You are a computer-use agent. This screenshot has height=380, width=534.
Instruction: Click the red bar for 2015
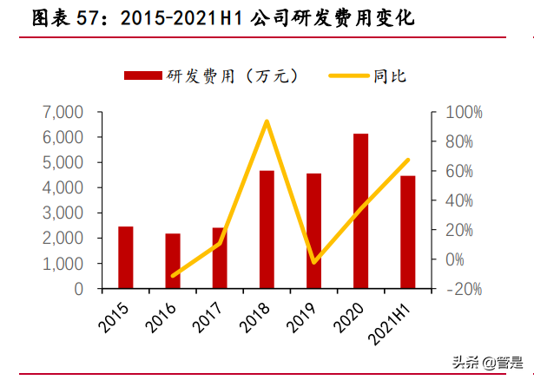pos(126,257)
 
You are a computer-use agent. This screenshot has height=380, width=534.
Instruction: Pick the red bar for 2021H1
pos(407,232)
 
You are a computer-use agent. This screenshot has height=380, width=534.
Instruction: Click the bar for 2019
pos(313,231)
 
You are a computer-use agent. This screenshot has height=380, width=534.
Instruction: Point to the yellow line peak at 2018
pos(267,121)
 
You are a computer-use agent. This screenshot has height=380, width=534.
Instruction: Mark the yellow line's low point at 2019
pos(313,261)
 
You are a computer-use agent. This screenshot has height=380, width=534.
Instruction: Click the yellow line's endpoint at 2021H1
pos(407,160)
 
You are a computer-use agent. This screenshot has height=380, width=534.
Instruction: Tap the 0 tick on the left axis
pos(78,288)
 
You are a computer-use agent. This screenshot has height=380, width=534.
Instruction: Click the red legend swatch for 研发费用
pos(143,76)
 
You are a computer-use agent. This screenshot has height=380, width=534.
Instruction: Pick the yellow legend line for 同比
pos(348,76)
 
